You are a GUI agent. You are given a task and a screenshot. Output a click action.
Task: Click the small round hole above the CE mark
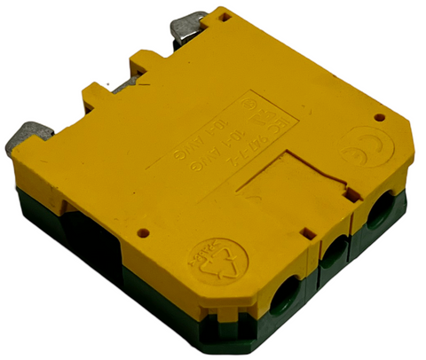[x=379, y=117]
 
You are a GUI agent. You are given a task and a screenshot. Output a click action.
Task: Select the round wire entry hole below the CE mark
[x=380, y=213]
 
